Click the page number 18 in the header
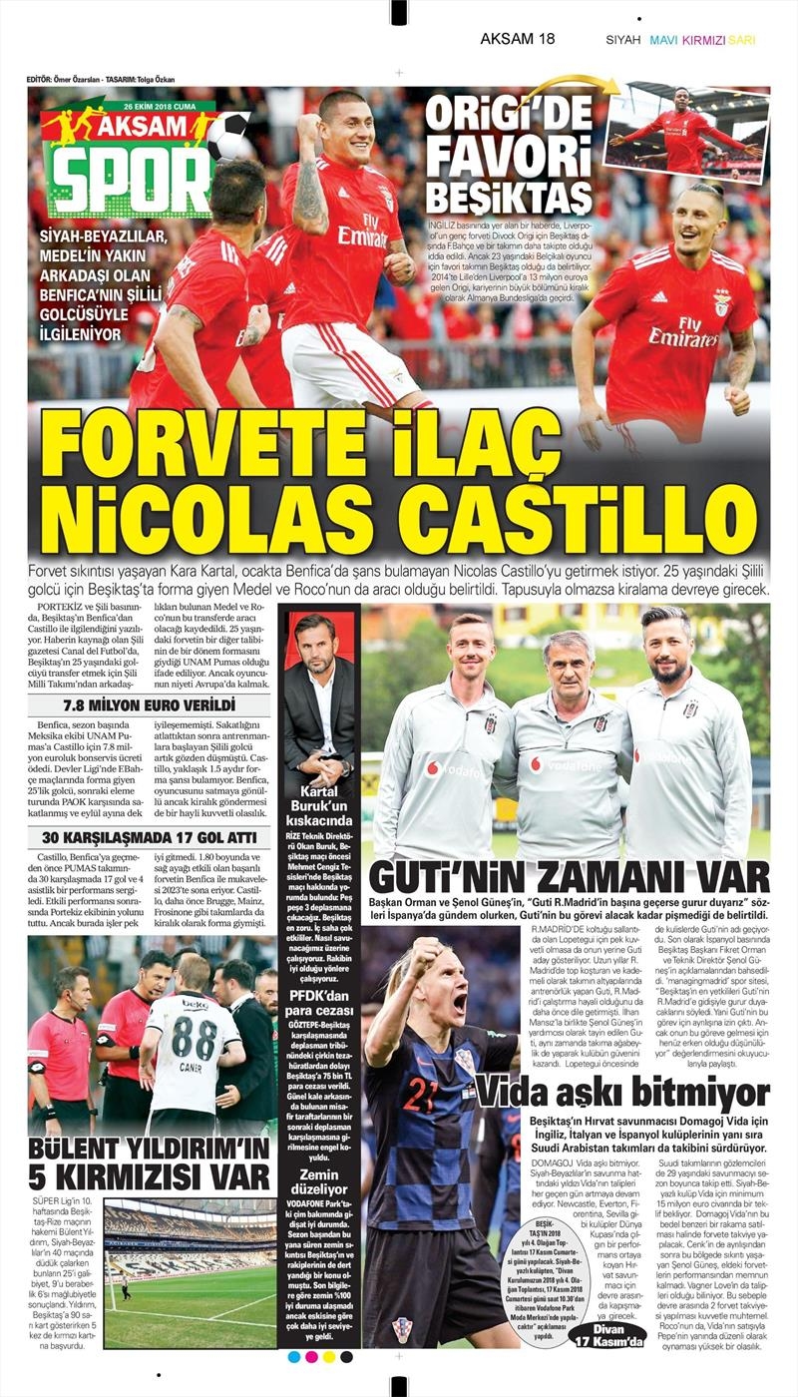(545, 39)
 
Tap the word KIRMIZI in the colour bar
(702, 40)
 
